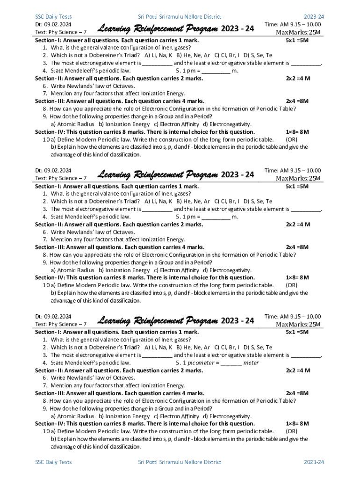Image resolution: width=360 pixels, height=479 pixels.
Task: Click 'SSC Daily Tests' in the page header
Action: pyautogui.click(x=53, y=17)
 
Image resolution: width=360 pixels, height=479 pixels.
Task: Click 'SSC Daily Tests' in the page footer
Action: pyautogui.click(x=53, y=462)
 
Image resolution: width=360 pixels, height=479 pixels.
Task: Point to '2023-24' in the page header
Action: pyautogui.click(x=314, y=17)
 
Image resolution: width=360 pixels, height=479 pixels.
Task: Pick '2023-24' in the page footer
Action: pyautogui.click(x=314, y=462)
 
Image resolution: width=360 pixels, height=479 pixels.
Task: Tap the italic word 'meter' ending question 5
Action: pyautogui.click(x=251, y=363)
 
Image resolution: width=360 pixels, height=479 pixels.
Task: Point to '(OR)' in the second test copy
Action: pyautogui.click(x=291, y=285)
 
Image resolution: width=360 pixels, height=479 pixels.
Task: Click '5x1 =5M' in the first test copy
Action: pyautogui.click(x=297, y=41)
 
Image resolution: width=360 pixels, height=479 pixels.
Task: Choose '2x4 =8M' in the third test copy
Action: pyautogui.click(x=297, y=393)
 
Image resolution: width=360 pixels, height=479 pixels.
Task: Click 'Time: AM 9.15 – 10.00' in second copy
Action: pyautogui.click(x=293, y=171)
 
